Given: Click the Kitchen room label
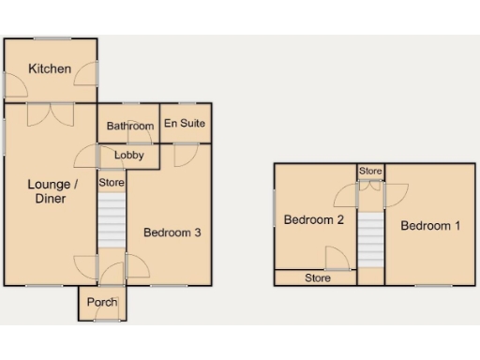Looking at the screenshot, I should pyautogui.click(x=50, y=69).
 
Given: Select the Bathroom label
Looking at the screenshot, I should pyautogui.click(x=129, y=127).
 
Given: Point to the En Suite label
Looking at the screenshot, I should pyautogui.click(x=185, y=124).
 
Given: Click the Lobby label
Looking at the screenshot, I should pyautogui.click(x=128, y=156).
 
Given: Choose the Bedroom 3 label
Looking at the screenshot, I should pyautogui.click(x=172, y=232).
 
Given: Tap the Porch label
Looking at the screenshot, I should pyautogui.click(x=101, y=302).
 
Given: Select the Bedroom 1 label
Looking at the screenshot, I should pyautogui.click(x=431, y=226).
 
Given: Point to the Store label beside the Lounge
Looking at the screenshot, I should pyautogui.click(x=112, y=183).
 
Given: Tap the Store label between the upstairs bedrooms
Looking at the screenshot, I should pyautogui.click(x=371, y=172).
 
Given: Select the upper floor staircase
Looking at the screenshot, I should pyautogui.click(x=371, y=239).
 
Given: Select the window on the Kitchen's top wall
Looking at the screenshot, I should pyautogui.click(x=50, y=38).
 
